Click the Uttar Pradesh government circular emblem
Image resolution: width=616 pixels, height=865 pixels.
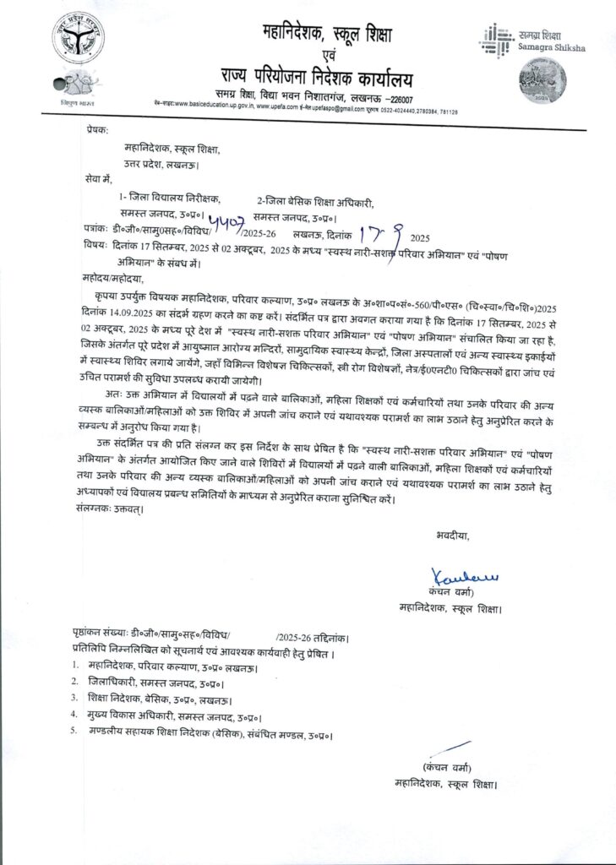(79, 38)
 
